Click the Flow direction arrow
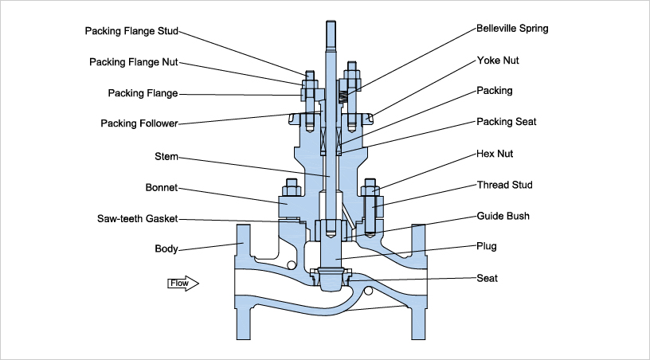(x=183, y=283)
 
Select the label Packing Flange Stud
(x=131, y=32)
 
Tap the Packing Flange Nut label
(x=133, y=61)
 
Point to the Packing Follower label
(x=139, y=123)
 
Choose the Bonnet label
(x=161, y=189)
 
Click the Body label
(x=166, y=249)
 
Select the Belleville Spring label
(x=512, y=29)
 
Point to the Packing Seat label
(x=506, y=122)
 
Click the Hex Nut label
(x=494, y=153)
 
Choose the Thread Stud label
(x=504, y=185)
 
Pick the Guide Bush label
(x=503, y=216)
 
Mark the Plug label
(x=486, y=246)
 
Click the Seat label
(x=487, y=277)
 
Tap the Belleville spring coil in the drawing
(x=344, y=98)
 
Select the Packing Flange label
(x=143, y=93)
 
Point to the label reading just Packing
(x=494, y=91)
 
